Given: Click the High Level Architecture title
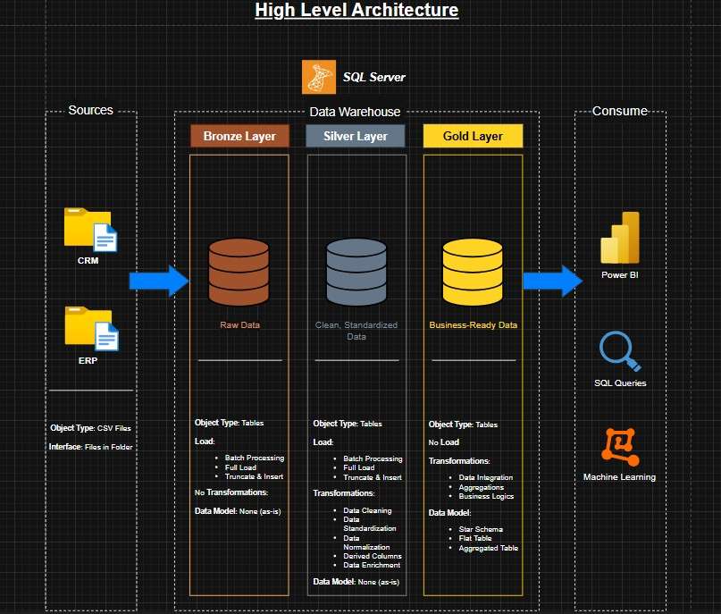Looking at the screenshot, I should pyautogui.click(x=356, y=11).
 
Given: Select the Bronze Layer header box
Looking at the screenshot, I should pyautogui.click(x=239, y=136).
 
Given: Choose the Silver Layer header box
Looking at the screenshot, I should pyautogui.click(x=356, y=136).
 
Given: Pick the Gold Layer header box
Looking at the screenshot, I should pyautogui.click(x=473, y=136).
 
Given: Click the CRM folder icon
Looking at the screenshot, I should pyautogui.click(x=90, y=231).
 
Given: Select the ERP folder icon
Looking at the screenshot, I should pyautogui.click(x=90, y=329).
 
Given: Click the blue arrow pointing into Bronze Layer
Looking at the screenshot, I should pyautogui.click(x=159, y=282).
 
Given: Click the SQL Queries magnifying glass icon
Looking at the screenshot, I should pyautogui.click(x=620, y=351).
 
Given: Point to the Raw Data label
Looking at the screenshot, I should pyautogui.click(x=239, y=325).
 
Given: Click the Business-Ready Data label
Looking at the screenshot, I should pyautogui.click(x=473, y=325).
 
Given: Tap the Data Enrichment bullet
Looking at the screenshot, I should pyautogui.click(x=372, y=565).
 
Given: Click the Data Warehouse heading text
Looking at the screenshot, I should pyautogui.click(x=355, y=112).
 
